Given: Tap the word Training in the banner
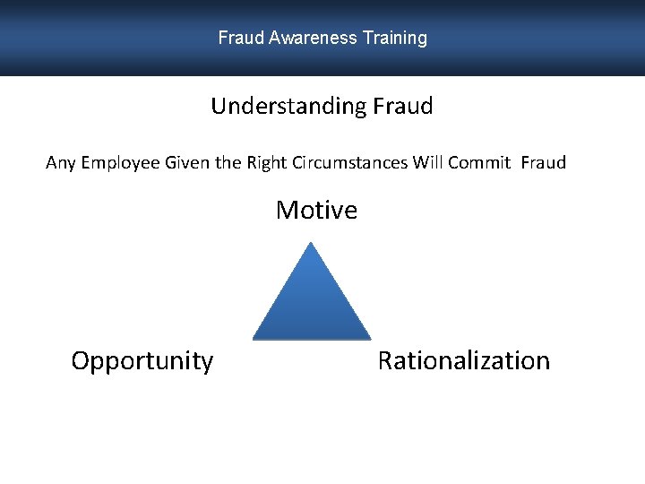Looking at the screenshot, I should coord(395,39).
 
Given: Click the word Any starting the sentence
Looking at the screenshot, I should coord(61,163).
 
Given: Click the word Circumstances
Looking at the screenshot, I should coord(351,163).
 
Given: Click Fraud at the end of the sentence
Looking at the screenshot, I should coord(543,163).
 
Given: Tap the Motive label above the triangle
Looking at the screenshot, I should coord(316,211).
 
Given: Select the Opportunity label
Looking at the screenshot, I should coord(142,361).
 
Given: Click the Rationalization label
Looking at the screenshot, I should coord(463,361).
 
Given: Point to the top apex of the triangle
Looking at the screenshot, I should coord(310,243).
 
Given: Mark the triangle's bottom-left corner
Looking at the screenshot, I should coord(254,338).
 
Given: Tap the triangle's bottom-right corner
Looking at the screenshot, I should coord(369,338).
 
